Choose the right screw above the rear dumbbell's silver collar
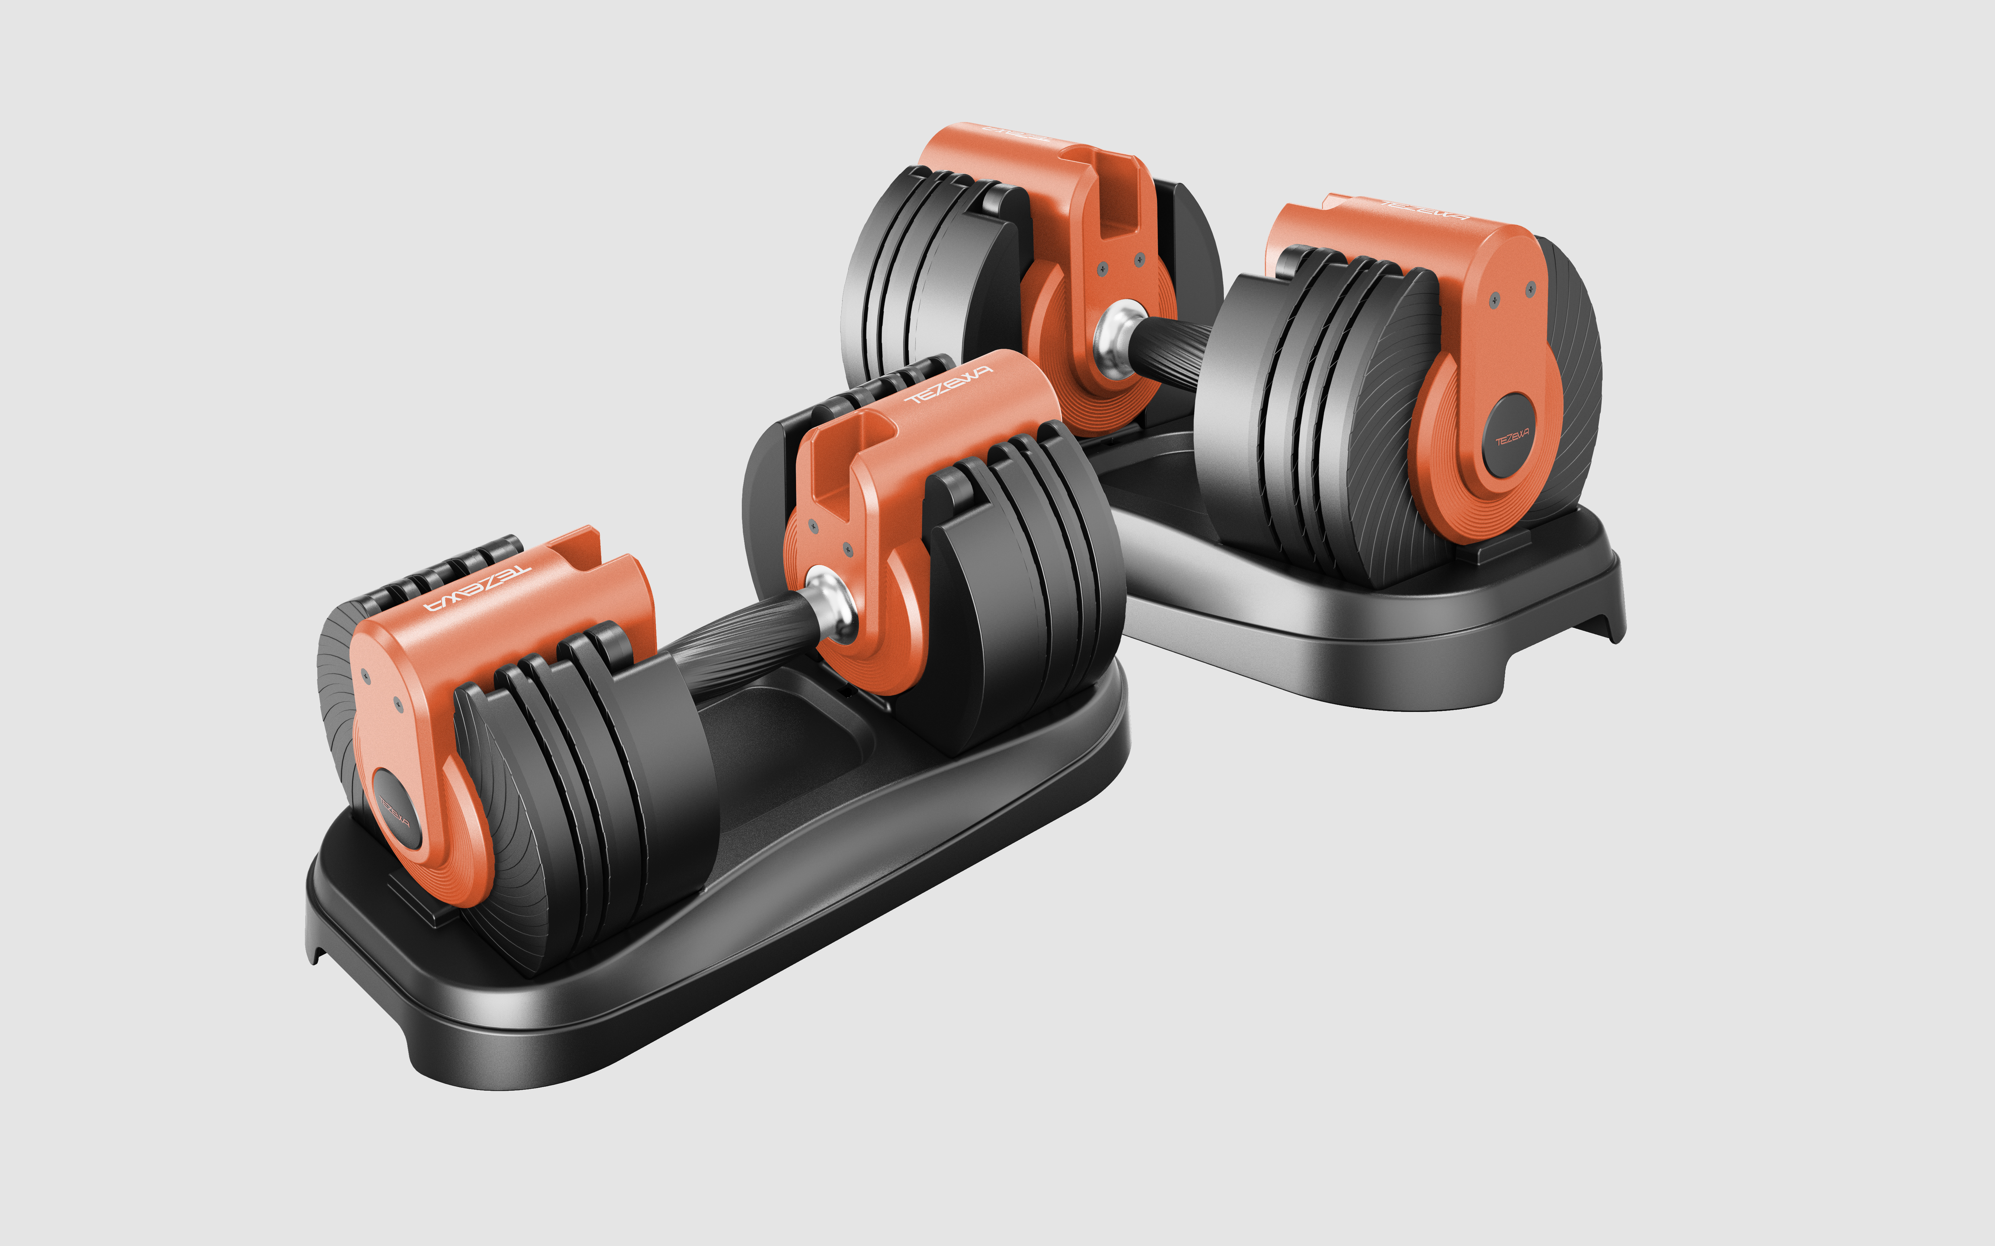tap(1140, 260)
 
